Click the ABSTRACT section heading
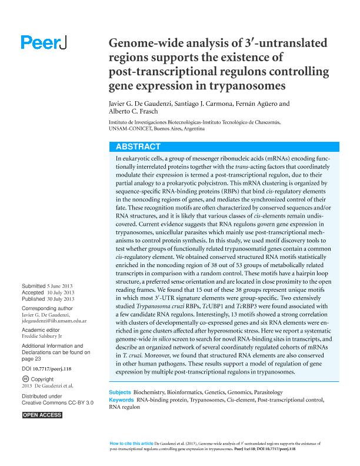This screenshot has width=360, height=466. (138, 147)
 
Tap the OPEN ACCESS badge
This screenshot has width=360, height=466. (42, 415)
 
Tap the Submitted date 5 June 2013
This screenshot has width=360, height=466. (61, 287)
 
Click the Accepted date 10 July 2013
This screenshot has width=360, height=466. (61, 292)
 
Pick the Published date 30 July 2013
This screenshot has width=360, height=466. (61, 299)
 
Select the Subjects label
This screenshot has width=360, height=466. (120, 392)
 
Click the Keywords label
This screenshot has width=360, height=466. (122, 400)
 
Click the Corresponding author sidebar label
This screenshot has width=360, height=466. (47, 308)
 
